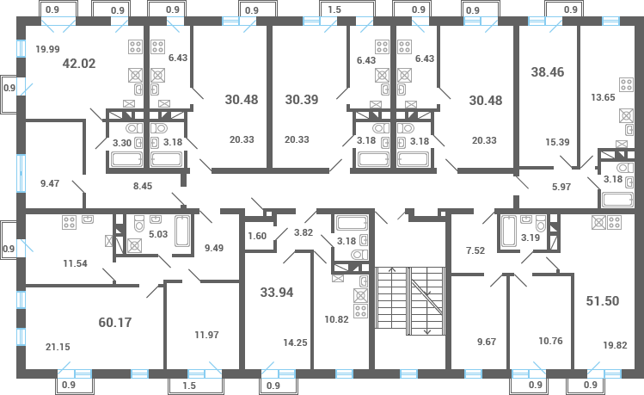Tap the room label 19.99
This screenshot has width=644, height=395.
point(47,49)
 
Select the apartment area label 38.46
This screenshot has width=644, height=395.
point(548,72)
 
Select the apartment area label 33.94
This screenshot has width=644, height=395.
point(278,292)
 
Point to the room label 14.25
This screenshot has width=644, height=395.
point(295,342)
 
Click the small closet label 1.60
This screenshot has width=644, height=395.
point(256,236)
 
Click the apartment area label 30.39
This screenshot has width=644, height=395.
point(301,99)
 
